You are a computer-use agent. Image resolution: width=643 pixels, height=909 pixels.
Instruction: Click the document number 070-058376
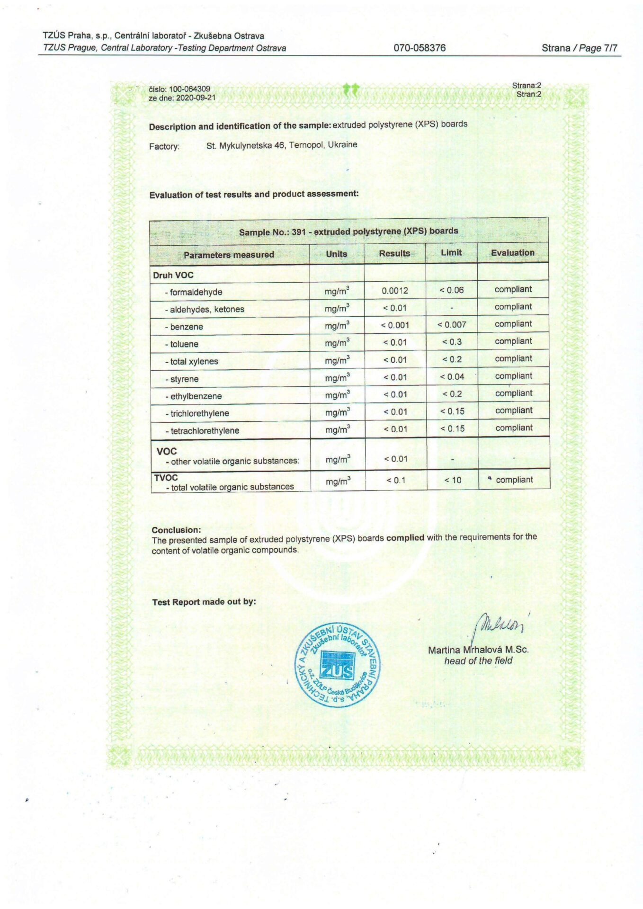(420, 48)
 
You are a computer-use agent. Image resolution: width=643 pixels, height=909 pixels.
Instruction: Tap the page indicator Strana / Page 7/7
(579, 48)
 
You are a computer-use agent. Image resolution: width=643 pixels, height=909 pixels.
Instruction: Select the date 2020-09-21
(196, 98)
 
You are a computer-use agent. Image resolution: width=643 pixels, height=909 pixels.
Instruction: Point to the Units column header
(336, 254)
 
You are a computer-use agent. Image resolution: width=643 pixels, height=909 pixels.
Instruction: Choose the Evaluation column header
(512, 253)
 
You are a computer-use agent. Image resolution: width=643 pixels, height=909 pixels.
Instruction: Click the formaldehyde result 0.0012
(394, 290)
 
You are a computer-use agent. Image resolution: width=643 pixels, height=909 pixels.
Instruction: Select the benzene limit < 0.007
(452, 325)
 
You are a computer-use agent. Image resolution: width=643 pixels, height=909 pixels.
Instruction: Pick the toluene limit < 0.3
(452, 342)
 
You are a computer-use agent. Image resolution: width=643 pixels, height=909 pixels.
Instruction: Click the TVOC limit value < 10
(453, 480)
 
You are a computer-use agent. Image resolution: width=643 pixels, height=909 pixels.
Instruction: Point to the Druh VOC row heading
(173, 275)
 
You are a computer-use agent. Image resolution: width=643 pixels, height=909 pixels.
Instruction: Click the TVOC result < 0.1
(396, 480)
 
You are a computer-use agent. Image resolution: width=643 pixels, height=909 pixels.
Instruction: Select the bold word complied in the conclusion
(405, 538)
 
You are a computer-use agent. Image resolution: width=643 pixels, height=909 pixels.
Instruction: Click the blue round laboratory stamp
(337, 665)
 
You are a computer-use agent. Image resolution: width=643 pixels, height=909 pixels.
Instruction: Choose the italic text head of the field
(478, 661)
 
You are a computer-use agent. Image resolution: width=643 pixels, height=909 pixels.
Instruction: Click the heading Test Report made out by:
(204, 602)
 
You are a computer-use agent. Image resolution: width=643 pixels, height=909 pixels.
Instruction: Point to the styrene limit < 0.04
(452, 377)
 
